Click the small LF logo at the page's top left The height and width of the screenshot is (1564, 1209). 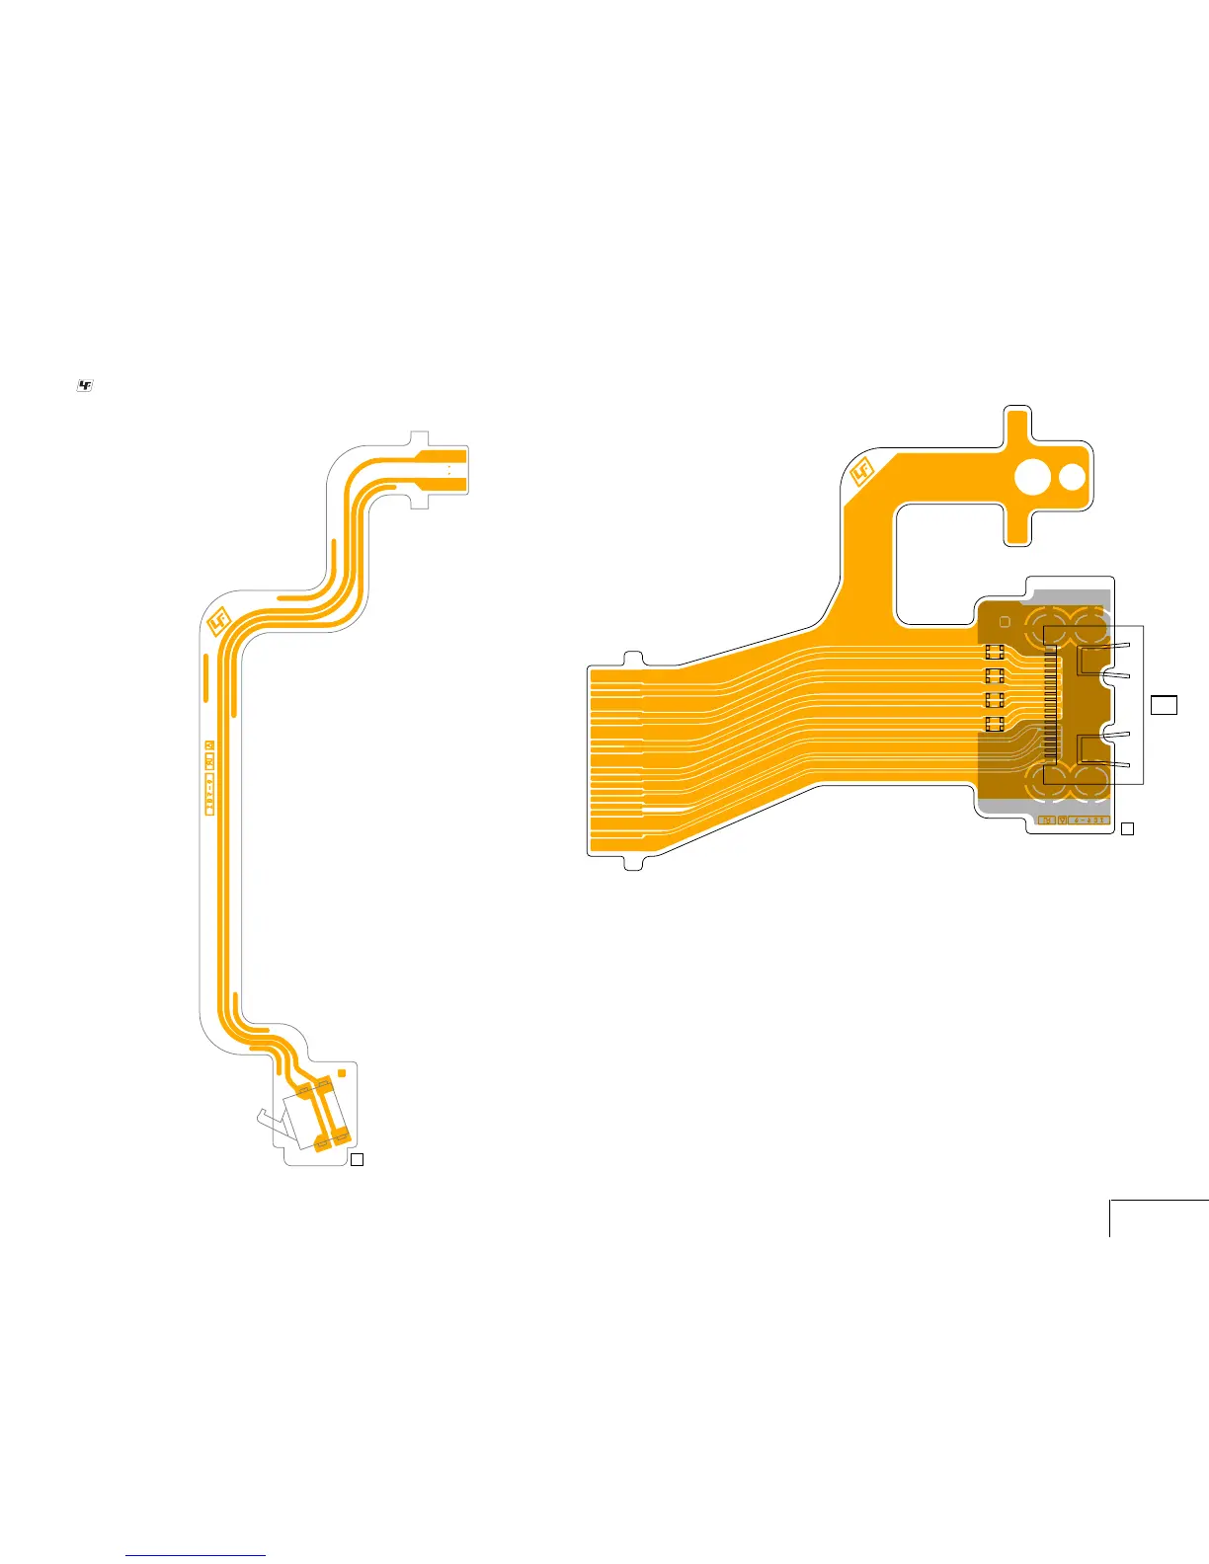[x=84, y=386]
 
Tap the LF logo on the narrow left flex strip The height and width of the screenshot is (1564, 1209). [x=219, y=621]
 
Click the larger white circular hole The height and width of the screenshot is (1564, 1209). [x=1033, y=478]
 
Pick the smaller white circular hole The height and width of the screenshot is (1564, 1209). [x=1072, y=478]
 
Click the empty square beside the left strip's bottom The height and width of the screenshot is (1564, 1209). [x=358, y=1159]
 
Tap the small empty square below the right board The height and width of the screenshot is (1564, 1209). [x=1127, y=829]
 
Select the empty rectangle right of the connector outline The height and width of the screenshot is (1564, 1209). [x=1165, y=704]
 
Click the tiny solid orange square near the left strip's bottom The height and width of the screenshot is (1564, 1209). [x=342, y=1072]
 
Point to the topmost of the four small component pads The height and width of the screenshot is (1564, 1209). [x=995, y=652]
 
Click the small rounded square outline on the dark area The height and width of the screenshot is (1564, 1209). [x=1005, y=622]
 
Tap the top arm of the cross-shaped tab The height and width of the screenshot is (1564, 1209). [x=1017, y=423]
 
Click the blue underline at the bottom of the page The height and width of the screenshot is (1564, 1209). [x=197, y=1556]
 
